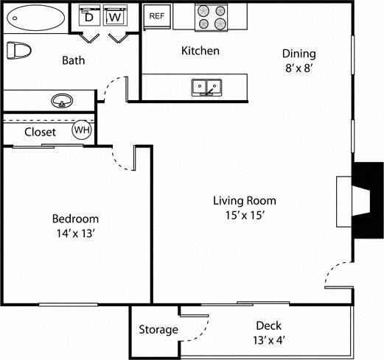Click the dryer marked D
coord(89,16)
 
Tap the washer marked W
coord(114,16)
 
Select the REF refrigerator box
coord(156,15)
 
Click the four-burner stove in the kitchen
coord(212,16)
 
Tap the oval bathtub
coord(32,18)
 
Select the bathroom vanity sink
coord(60,100)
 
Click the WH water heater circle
coord(81,131)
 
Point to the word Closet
coord(41,133)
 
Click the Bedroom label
coord(75,219)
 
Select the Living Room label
coord(245,200)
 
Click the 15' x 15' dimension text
coord(245,216)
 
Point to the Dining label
coord(299,53)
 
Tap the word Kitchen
coord(200,51)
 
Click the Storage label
coord(158,330)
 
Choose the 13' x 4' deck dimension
coord(268,341)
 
